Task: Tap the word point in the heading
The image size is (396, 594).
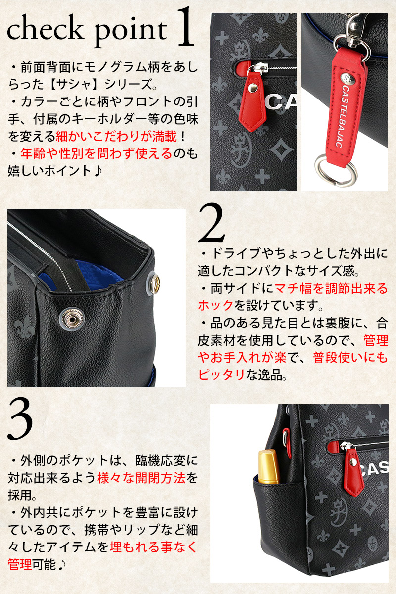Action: click(x=131, y=31)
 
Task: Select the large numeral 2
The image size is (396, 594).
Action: click(x=212, y=223)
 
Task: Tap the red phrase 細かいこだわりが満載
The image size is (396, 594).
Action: click(x=116, y=136)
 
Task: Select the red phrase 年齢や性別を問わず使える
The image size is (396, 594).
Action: click(x=97, y=153)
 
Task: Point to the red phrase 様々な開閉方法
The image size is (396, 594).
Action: click(x=142, y=478)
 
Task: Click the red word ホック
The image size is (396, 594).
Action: click(x=216, y=305)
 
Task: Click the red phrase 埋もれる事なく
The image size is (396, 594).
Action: click(x=153, y=547)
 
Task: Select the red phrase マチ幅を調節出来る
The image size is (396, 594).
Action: click(x=331, y=288)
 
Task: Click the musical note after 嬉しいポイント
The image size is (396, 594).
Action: click(x=98, y=171)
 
